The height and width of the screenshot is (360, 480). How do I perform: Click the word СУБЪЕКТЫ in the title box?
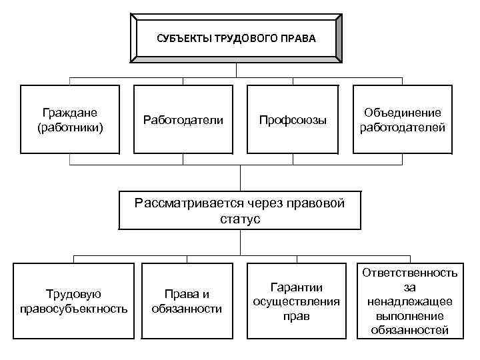coord(182,39)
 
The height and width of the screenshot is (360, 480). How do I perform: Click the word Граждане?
coord(70,113)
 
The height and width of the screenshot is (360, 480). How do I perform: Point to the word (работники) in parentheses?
coord(70,127)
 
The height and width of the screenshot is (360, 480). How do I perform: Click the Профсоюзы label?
coord(293,121)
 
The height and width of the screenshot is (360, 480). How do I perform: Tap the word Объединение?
coord(403,113)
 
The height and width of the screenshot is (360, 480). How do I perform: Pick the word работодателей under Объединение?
coord(403,127)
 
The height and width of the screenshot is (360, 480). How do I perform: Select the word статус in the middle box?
coord(240,219)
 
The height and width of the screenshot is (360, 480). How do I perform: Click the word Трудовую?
coord(73,294)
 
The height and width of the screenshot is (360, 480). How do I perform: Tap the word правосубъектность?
coord(73,309)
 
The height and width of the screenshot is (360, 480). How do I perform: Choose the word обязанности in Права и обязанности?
coord(187,309)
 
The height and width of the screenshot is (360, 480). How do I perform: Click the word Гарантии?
coord(296,287)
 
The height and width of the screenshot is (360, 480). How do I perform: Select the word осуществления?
coord(296,301)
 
